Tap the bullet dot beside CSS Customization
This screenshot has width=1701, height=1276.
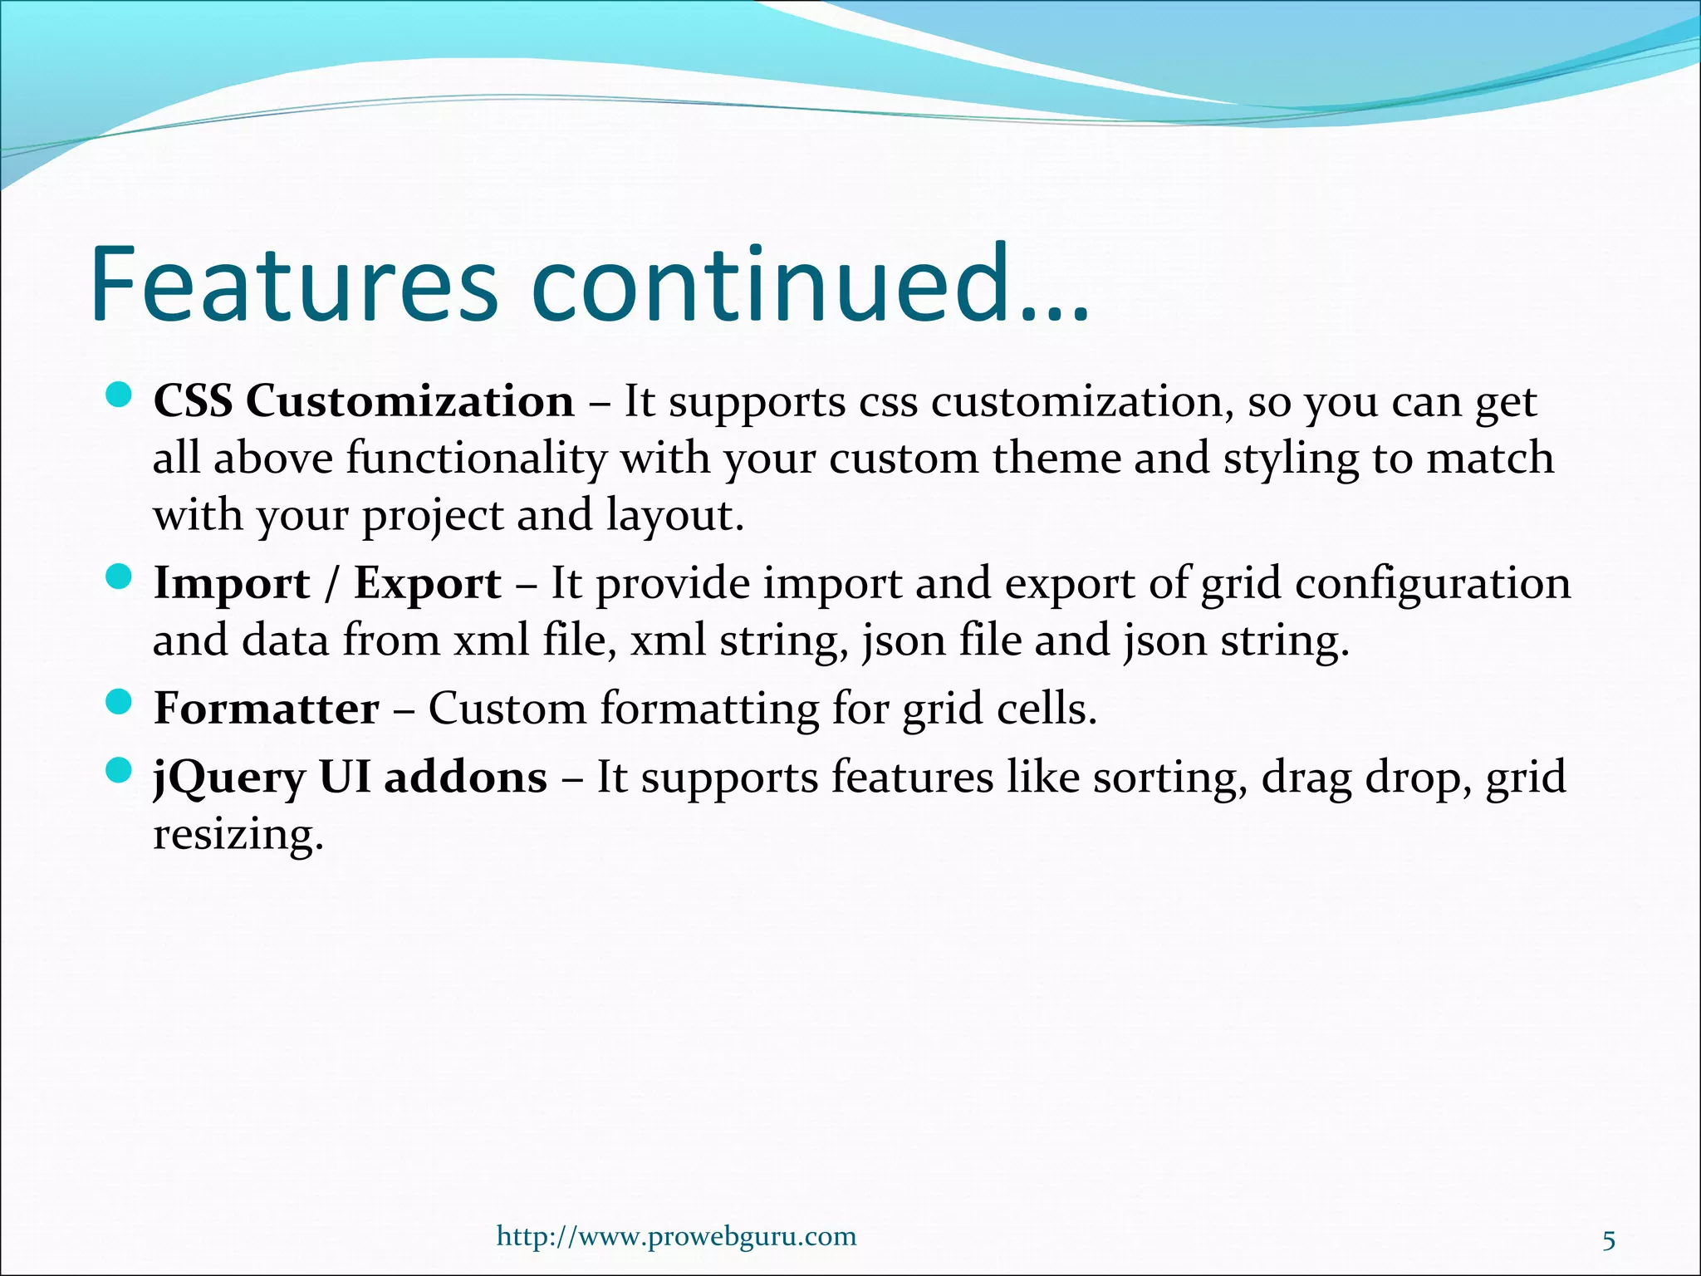tap(120, 395)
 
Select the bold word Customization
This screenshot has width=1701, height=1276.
tap(409, 401)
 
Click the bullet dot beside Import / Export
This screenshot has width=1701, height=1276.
tap(120, 577)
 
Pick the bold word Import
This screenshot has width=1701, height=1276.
tap(231, 584)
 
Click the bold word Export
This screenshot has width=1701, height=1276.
tap(427, 584)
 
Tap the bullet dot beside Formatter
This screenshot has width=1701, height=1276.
tap(120, 702)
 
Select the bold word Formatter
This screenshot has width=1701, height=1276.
tap(266, 709)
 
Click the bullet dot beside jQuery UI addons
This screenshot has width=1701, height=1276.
tap(120, 771)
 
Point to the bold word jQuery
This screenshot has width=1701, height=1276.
tap(229, 779)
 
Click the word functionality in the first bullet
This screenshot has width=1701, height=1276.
tap(476, 459)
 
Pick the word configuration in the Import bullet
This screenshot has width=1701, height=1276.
tap(1432, 583)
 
